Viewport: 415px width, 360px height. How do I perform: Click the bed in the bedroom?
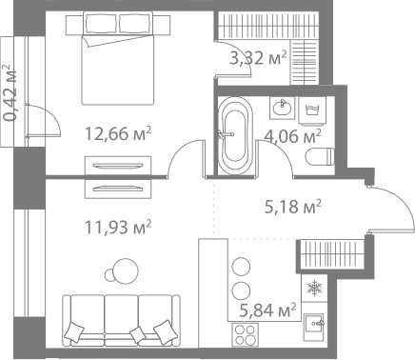(119, 56)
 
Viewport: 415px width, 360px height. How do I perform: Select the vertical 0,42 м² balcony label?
(10, 92)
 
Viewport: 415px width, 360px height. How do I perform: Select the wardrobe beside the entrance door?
(329, 254)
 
